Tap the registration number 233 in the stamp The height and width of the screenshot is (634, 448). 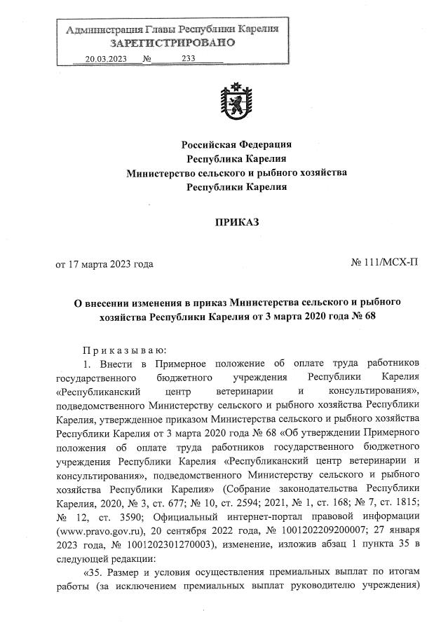point(188,60)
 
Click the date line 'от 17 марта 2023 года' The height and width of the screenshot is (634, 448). point(104,265)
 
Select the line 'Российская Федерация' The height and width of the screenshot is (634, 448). point(236,144)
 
